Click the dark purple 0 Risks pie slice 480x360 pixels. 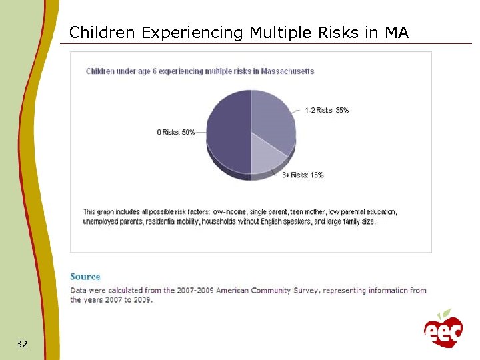tap(227, 133)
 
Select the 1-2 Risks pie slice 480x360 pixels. tap(273, 120)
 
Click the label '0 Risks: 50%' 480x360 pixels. tap(176, 132)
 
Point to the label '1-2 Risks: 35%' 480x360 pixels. tap(327, 110)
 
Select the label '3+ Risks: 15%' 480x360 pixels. tap(303, 175)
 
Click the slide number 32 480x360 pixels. tap(22, 344)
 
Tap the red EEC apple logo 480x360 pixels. tap(443, 331)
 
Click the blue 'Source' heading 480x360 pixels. tap(85, 277)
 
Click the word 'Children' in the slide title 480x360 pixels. tap(103, 32)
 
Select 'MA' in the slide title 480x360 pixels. tap(397, 32)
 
